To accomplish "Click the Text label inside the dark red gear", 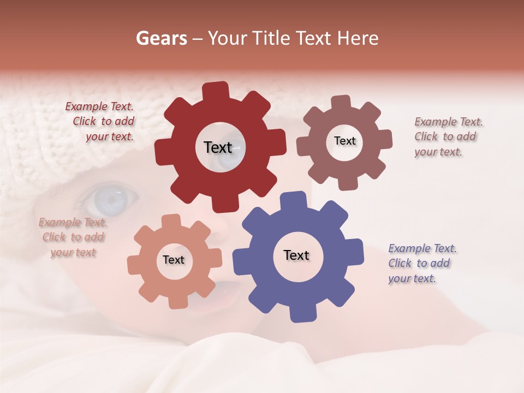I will (x=218, y=147).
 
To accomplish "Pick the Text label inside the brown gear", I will (x=345, y=141).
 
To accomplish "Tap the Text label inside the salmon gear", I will (x=174, y=260).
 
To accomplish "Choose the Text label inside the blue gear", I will (x=296, y=255).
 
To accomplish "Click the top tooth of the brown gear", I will (x=341, y=102).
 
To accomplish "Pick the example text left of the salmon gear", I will (x=73, y=237).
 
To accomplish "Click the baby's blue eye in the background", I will (x=109, y=199).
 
